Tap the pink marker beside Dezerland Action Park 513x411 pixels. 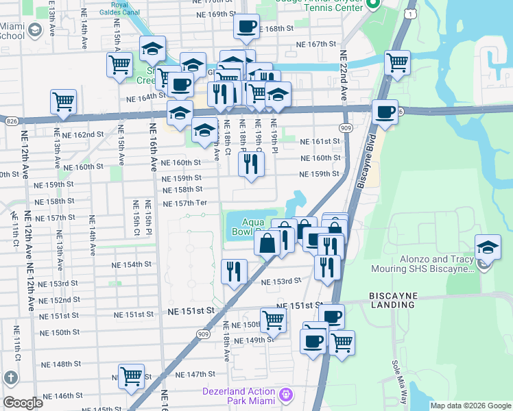click(x=286, y=395)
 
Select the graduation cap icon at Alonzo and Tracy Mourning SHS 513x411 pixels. click(x=487, y=247)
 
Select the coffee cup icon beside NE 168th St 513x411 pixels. click(x=246, y=27)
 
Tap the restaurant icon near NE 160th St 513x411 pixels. click(x=251, y=164)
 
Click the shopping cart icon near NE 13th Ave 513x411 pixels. click(x=63, y=102)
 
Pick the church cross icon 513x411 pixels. click(x=11, y=377)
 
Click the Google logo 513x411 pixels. click(x=23, y=403)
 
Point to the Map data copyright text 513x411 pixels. click(x=470, y=406)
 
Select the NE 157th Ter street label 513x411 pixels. click(x=185, y=203)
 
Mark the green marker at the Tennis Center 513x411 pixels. click(x=373, y=5)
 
